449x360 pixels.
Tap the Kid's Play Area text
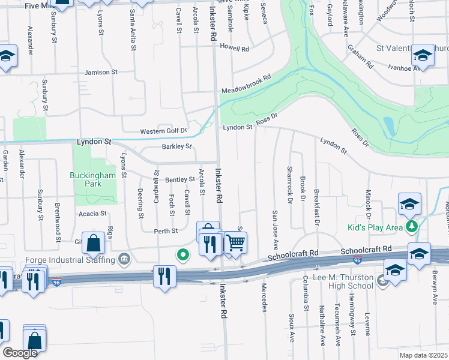[x=377, y=227]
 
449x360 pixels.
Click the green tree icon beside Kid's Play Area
[x=412, y=227]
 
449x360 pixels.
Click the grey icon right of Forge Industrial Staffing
[x=124, y=259]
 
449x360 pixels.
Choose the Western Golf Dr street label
[x=164, y=131]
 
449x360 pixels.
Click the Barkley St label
[x=176, y=146]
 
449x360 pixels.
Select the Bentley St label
[x=180, y=179]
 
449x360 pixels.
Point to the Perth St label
[x=166, y=230]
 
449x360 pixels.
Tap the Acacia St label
[x=92, y=213]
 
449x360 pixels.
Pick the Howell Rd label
[x=234, y=47]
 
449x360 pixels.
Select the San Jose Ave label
[x=276, y=230]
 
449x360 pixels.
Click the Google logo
[x=20, y=353]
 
